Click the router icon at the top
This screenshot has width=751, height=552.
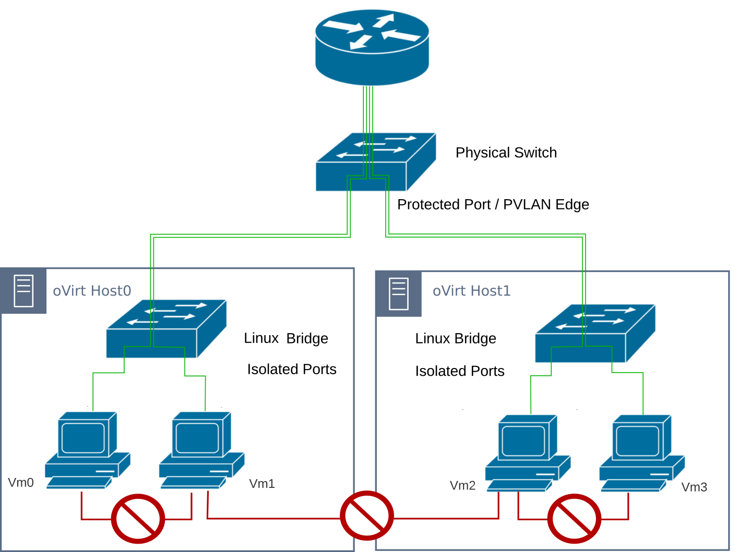coord(372,47)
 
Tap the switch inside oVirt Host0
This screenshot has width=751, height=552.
coord(165,329)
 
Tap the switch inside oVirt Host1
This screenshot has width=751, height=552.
coord(594,334)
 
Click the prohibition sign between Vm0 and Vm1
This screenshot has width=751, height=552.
coord(138,519)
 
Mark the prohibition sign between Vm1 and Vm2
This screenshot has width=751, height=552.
coord(366,516)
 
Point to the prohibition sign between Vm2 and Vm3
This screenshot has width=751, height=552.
coord(574,519)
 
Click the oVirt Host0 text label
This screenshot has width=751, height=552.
coord(92,291)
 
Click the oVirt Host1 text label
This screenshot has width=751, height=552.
coord(471,291)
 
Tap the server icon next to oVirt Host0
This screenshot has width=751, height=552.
coord(23,291)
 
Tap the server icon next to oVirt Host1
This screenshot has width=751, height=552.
coord(399,294)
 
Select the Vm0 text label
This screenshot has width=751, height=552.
coord(21,483)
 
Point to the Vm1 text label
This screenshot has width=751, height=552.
coord(262,484)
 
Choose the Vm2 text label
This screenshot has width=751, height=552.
coord(462,486)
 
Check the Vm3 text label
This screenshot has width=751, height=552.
coord(694,487)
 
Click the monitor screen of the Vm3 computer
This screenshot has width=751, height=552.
coord(637,441)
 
